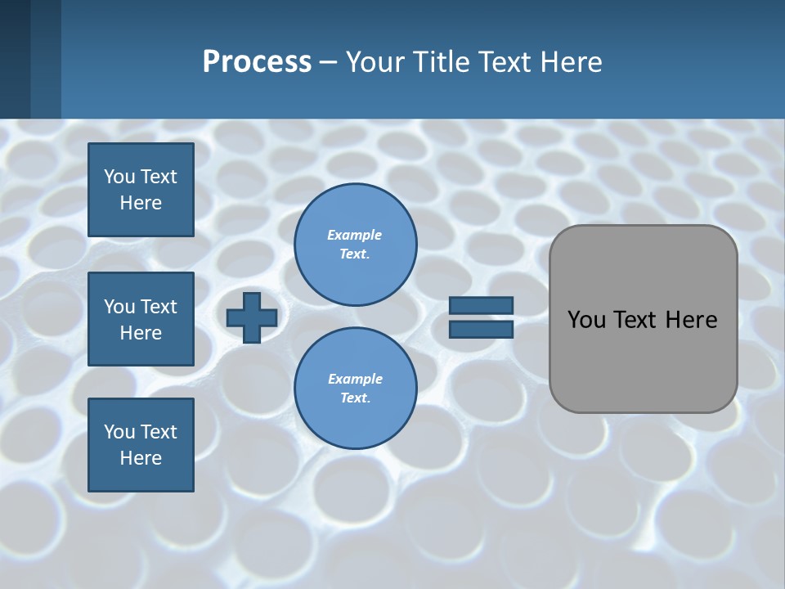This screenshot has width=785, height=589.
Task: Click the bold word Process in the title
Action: (x=257, y=62)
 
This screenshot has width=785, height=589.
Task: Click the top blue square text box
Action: (x=141, y=190)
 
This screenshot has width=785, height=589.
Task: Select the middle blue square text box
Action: (x=141, y=319)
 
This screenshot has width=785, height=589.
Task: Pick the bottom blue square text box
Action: (x=141, y=445)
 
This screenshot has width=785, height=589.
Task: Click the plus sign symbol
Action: (x=252, y=318)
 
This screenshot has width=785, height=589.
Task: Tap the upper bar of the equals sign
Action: (x=482, y=306)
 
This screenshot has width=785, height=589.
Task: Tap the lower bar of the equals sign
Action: (x=482, y=329)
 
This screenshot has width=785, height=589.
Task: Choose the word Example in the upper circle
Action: (x=355, y=236)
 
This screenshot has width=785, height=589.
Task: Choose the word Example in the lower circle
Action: (x=355, y=380)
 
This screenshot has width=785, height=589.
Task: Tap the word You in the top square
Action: (x=119, y=177)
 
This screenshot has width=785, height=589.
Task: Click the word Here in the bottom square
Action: (x=141, y=458)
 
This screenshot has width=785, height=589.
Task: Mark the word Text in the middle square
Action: (x=159, y=307)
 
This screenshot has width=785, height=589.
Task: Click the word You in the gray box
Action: (x=585, y=320)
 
